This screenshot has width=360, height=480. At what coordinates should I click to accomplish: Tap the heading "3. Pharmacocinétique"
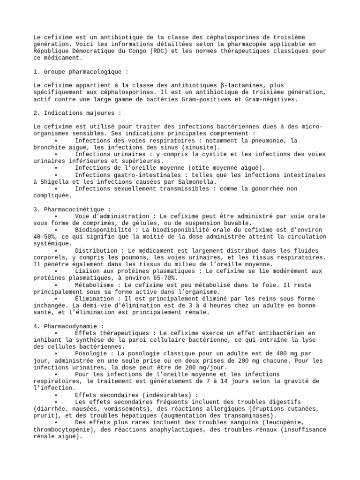pyautogui.click(x=72, y=209)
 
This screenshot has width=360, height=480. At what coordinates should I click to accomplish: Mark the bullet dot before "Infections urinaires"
pyautogui.click(x=56, y=154)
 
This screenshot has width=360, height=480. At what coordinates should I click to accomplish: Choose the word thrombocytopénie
pyautogui.click(x=63, y=429)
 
